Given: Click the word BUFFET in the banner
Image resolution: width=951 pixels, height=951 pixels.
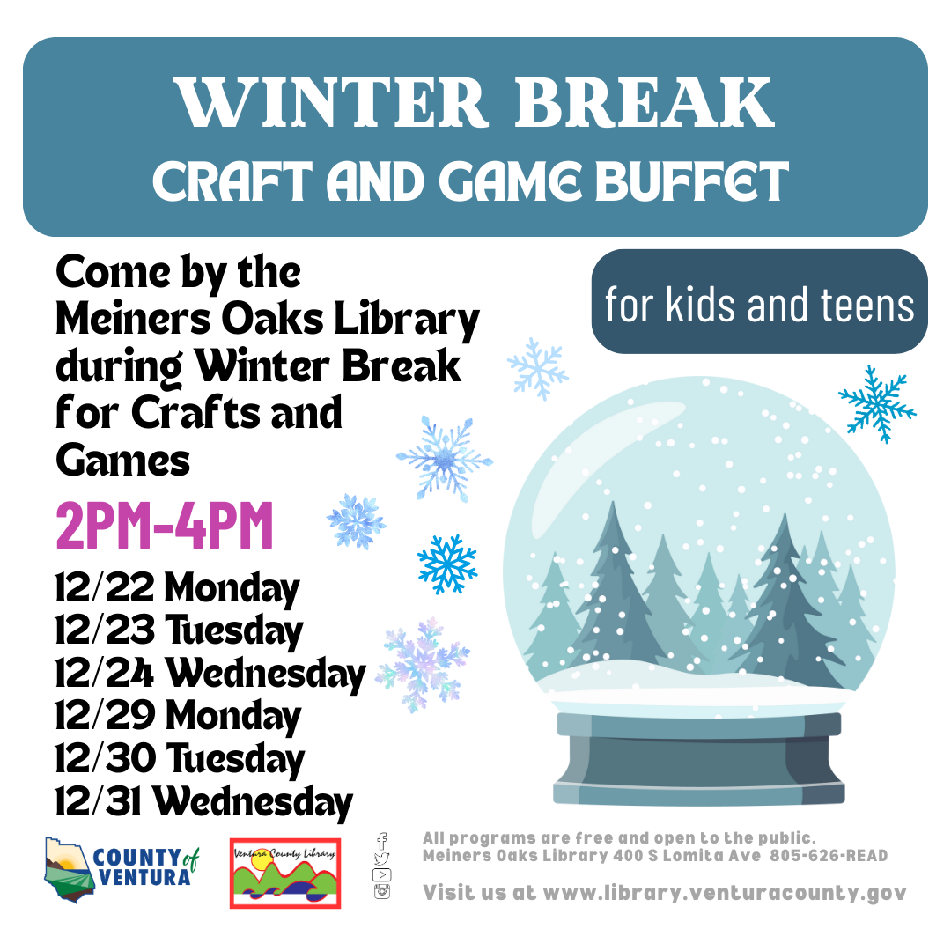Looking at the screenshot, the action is [692, 181].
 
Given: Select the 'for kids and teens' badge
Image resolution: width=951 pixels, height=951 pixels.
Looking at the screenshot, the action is [759, 301].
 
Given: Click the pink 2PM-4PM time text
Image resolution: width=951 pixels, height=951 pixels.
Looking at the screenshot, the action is [165, 526].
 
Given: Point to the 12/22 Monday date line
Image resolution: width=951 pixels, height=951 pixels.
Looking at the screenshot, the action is [177, 588].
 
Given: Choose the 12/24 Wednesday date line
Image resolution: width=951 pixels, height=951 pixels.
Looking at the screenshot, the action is [210, 674].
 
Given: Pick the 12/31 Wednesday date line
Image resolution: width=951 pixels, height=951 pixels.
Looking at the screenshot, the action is [203, 802].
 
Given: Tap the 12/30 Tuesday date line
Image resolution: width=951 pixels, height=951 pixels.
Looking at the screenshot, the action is [180, 759].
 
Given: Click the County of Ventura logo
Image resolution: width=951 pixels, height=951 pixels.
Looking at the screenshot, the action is [122, 870].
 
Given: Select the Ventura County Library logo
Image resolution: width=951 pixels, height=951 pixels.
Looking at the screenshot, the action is [285, 874].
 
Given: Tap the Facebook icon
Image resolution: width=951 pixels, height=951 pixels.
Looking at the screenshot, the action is [381, 841].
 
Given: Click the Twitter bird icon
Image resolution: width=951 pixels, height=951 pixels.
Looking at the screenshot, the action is [381, 859].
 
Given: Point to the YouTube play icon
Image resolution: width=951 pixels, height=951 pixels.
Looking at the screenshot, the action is [381, 874].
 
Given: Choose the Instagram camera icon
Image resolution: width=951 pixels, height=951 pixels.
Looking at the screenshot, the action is [381, 891].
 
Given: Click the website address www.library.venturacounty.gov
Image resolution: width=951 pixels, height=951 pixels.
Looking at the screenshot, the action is [725, 893].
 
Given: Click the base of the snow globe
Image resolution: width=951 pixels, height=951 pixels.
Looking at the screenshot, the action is [698, 758].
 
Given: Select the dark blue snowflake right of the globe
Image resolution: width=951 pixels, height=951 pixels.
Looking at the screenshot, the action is [877, 404].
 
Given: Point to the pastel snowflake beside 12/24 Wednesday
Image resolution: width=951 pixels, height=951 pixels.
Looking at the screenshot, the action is [423, 665].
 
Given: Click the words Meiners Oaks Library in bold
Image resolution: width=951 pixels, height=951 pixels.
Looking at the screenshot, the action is [268, 319].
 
